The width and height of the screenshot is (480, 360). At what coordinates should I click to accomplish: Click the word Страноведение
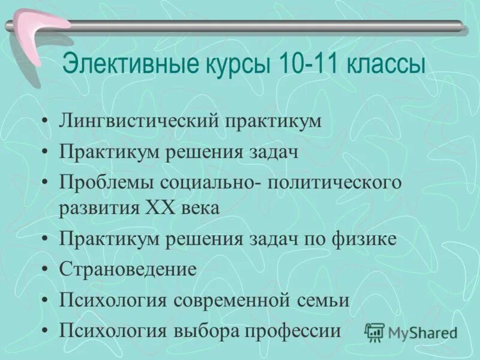[x=128, y=269]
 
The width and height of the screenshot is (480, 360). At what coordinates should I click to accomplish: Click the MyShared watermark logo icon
[x=375, y=332]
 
